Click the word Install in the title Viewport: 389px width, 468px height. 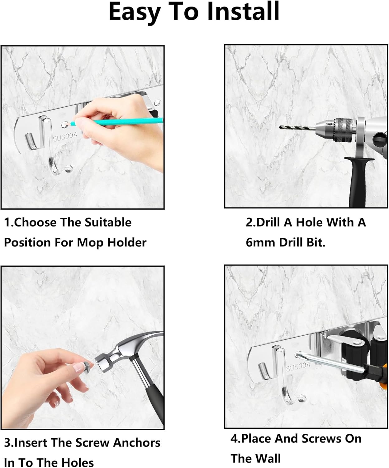243,12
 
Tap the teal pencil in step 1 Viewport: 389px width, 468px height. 116,122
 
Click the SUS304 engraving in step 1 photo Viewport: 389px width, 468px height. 65,137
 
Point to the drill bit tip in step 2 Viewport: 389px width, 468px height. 280,127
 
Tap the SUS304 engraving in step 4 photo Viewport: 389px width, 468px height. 298,367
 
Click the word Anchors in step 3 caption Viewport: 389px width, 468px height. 136,443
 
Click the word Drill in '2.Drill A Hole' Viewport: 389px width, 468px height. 268,222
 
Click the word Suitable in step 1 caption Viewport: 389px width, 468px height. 108,222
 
